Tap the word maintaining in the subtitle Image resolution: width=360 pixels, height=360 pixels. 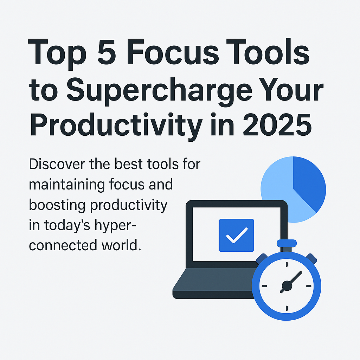[66, 185]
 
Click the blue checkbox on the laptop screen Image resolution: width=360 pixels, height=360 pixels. [236, 235]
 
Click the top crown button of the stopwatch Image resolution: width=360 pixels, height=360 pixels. [287, 243]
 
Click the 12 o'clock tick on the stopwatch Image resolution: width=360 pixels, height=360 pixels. [287, 264]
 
